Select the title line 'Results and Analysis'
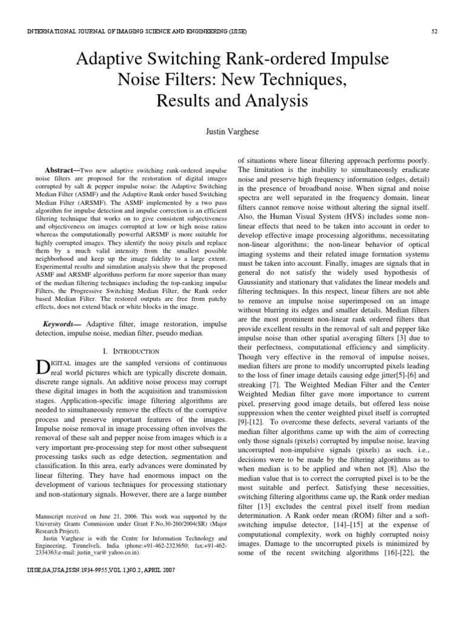232,101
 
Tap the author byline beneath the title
232,130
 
